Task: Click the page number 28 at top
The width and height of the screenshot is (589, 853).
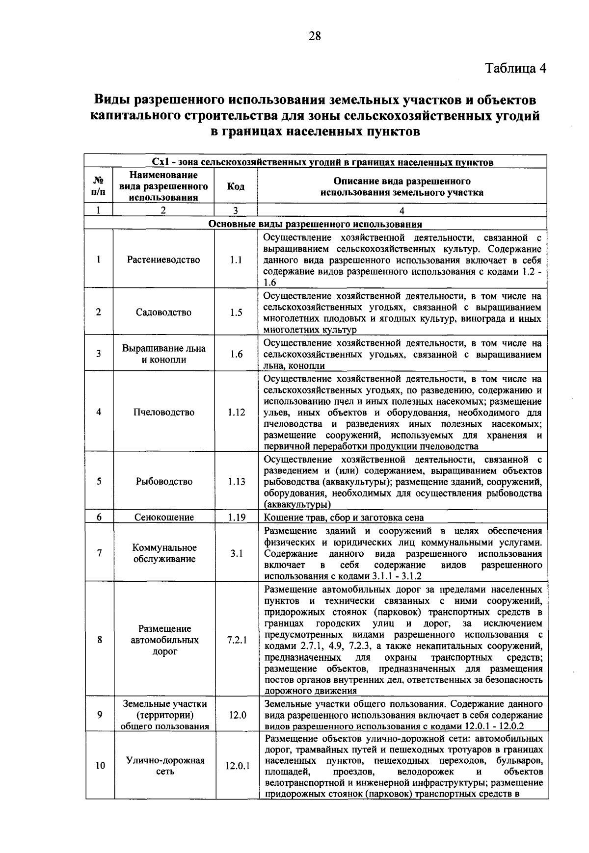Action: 315,36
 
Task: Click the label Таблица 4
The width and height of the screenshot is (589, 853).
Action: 516,68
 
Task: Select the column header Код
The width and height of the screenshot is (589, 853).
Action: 236,187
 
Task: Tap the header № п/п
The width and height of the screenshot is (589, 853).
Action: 99,186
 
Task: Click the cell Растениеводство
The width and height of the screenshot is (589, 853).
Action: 163,260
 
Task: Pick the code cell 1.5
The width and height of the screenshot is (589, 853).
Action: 236,312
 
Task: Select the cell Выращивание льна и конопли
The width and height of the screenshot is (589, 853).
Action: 163,354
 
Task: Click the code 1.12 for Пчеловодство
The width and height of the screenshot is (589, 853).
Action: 236,413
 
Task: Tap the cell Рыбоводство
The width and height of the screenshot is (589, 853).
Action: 164,482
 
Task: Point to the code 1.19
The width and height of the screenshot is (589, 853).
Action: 237,517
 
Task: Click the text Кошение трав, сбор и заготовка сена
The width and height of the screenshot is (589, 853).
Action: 344,517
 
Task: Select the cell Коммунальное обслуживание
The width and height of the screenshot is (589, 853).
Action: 164,553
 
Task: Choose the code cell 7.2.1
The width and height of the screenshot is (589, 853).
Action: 237,640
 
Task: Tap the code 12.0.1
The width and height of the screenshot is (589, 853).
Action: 238,766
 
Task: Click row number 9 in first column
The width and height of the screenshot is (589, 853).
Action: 100,715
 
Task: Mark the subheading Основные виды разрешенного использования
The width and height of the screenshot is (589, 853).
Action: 316,225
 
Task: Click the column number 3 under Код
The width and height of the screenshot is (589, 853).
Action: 236,211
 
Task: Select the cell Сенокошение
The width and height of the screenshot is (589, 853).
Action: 164,517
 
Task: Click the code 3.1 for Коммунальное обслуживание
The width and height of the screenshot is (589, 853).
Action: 237,553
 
